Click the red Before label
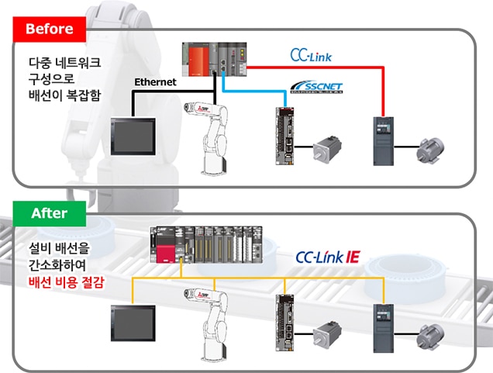coord(49,29)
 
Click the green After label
coord(49,212)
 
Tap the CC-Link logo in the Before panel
coord(312,55)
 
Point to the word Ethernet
coord(155,81)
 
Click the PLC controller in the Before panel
coord(214,59)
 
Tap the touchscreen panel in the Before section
coord(134,136)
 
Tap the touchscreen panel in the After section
coord(133,325)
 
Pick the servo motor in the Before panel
coord(330,148)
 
